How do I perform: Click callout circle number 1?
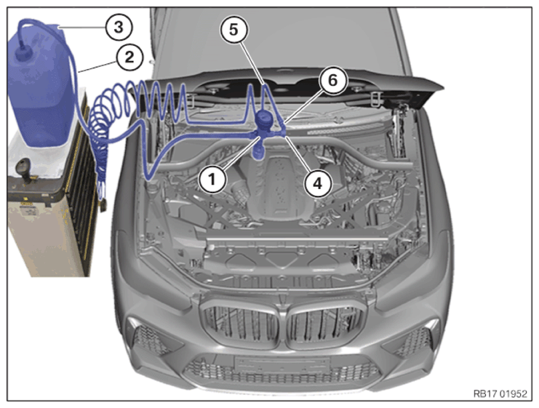coord(212,179)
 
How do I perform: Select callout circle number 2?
coord(129,57)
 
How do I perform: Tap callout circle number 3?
coord(119,27)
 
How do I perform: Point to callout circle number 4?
coord(318,183)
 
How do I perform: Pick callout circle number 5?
coord(233,30)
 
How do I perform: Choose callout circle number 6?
coord(332,81)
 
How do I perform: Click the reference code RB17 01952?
coord(500,393)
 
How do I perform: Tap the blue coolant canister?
coord(39,86)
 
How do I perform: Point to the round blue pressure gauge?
coord(264,119)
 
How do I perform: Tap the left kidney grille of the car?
coord(241,321)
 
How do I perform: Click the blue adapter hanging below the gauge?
coord(257,151)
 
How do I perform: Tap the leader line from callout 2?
coord(97,66)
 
